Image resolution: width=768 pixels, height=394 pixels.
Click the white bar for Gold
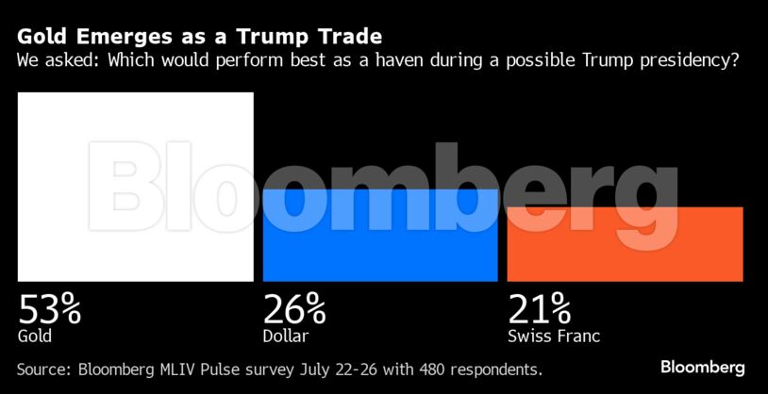pos(135,186)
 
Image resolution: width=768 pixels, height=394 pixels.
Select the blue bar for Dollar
pos(379,235)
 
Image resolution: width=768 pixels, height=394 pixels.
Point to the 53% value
pos(50,308)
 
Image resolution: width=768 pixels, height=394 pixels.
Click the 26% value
pos(294,308)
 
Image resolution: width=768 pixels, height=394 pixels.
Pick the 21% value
pos(539,308)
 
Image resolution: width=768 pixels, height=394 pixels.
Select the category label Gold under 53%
pos(35,336)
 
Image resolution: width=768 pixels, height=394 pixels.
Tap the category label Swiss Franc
pos(554,336)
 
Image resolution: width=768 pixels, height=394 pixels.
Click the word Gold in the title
pos(42,37)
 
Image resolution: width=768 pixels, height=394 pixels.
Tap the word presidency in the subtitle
pos(688,61)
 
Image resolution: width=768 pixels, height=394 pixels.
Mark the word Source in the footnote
pos(44,367)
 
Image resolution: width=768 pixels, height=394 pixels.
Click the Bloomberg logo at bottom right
pos(703,367)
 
